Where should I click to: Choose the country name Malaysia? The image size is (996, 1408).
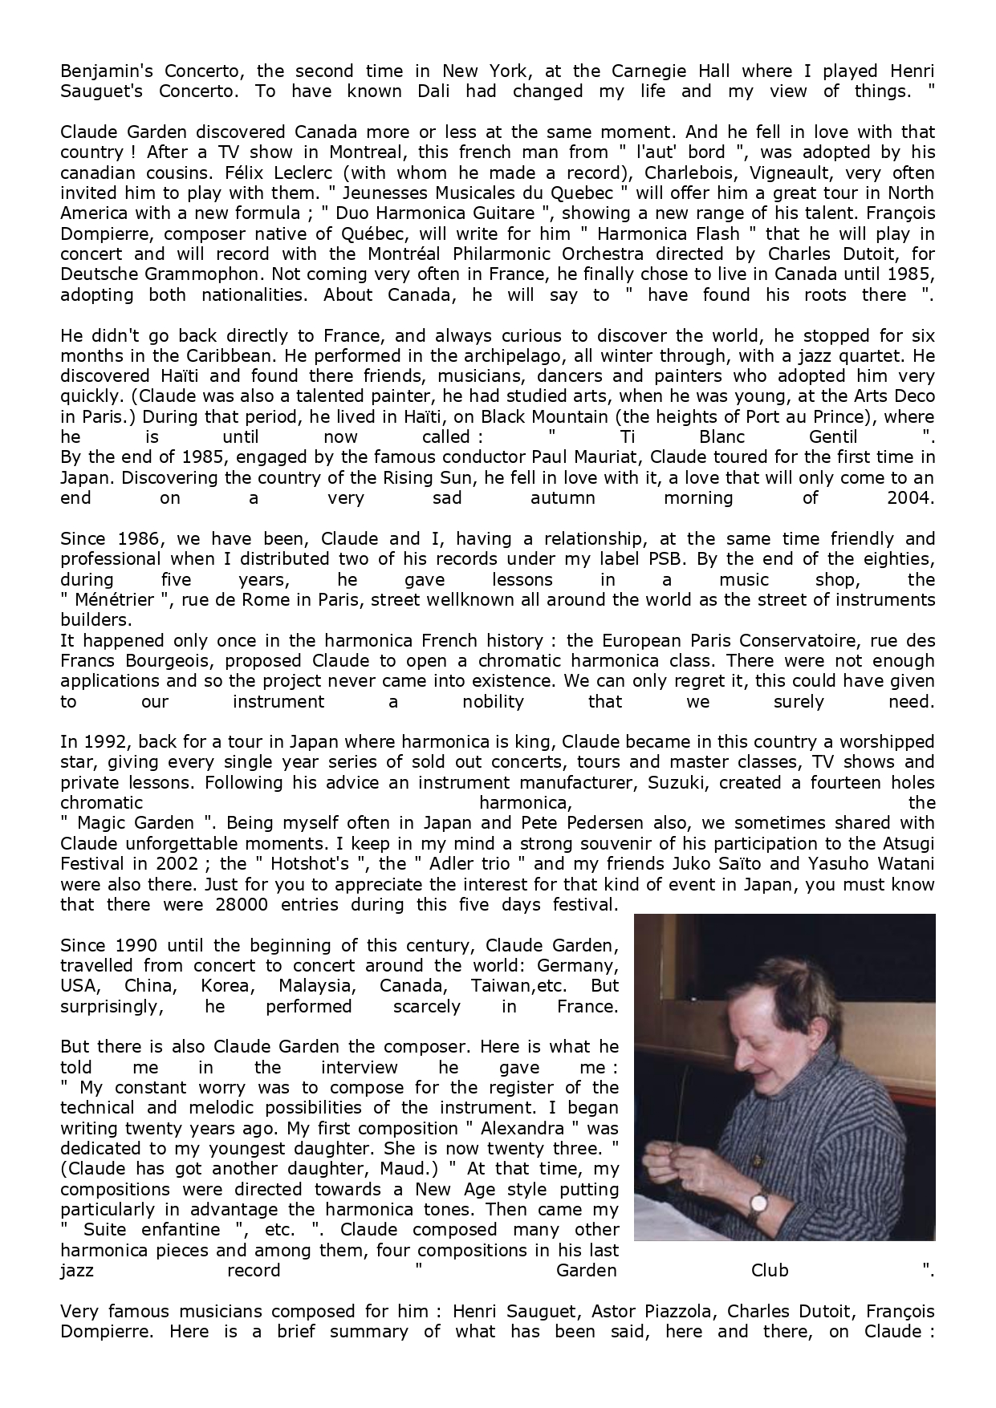click(x=315, y=985)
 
